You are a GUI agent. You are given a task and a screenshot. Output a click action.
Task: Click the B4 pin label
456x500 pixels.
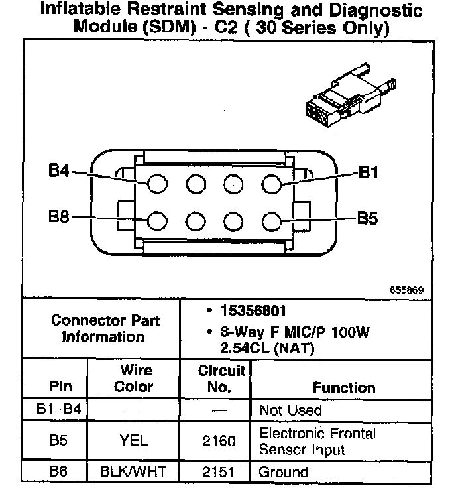tap(58, 170)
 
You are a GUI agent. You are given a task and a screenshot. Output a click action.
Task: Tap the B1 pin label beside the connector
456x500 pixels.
tap(369, 172)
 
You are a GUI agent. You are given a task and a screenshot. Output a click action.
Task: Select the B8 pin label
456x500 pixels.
tap(58, 216)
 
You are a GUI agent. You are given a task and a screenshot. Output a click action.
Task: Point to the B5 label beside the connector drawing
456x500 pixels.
tap(367, 218)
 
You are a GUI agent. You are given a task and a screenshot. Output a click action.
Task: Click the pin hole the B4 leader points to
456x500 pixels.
tap(157, 184)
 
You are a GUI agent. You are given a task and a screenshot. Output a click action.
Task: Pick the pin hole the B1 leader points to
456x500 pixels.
tap(272, 184)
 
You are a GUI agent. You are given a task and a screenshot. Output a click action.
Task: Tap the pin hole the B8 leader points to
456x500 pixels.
tap(157, 221)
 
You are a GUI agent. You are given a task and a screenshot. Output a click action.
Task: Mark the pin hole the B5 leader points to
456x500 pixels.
tap(272, 221)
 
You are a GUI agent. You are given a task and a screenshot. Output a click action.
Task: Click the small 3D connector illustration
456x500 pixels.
tap(351, 95)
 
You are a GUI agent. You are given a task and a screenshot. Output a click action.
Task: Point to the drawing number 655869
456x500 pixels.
tap(406, 290)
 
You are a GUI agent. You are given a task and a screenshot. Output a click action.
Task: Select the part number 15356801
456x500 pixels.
tap(253, 311)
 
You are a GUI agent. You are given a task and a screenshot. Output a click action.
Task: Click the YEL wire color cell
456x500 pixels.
tap(134, 441)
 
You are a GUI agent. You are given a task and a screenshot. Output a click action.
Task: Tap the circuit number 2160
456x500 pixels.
tap(219, 442)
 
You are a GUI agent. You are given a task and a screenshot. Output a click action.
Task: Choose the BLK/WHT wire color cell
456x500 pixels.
tap(133, 471)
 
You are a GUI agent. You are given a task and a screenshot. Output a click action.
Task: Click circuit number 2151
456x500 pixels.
tap(218, 472)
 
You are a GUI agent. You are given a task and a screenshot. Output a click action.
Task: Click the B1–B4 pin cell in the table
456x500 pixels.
tap(58, 408)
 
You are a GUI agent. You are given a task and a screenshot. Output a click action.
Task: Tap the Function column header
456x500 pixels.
tap(344, 387)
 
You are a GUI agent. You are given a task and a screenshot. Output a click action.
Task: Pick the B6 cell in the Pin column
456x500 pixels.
tap(58, 471)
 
